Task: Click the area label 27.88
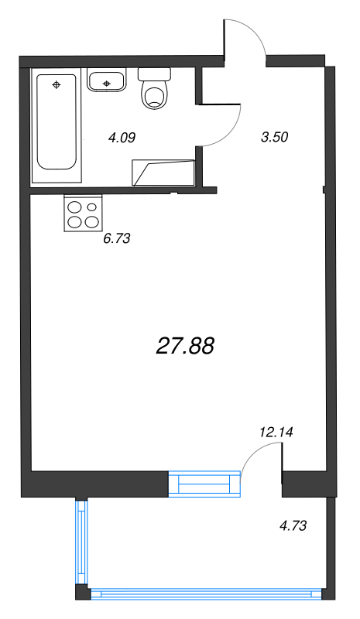(185, 346)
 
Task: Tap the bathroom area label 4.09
(122, 139)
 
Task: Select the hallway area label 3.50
(275, 138)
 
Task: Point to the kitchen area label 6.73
(116, 238)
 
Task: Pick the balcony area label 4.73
(293, 525)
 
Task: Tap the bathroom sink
(106, 80)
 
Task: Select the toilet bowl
(155, 95)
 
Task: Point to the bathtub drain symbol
(56, 84)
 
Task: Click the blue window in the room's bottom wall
(205, 484)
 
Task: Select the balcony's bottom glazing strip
(205, 594)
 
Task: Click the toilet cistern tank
(154, 74)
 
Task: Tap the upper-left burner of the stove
(75, 207)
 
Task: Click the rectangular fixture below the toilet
(163, 172)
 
